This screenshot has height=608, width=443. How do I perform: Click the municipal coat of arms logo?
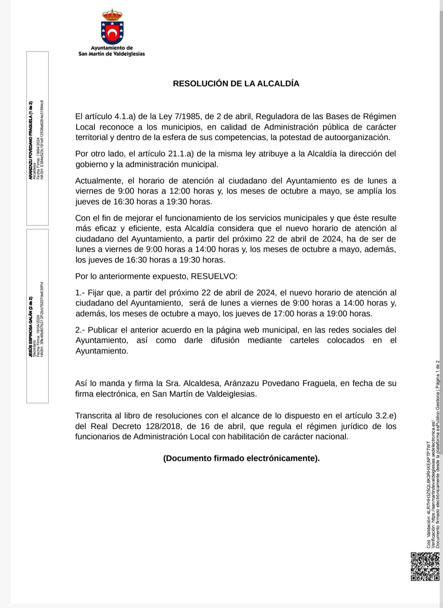pos(112,27)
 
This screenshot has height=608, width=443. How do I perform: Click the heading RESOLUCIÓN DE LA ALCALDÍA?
pos(236,84)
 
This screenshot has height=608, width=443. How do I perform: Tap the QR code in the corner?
pos(425,566)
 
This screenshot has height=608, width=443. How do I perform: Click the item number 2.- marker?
pos(80,330)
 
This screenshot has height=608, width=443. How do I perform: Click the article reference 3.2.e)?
pos(382,416)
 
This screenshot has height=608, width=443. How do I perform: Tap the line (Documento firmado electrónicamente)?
pos(241,458)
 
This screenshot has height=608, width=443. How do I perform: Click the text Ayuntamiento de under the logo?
pos(112,48)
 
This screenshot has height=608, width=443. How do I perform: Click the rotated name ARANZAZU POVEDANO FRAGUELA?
pos(30,139)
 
